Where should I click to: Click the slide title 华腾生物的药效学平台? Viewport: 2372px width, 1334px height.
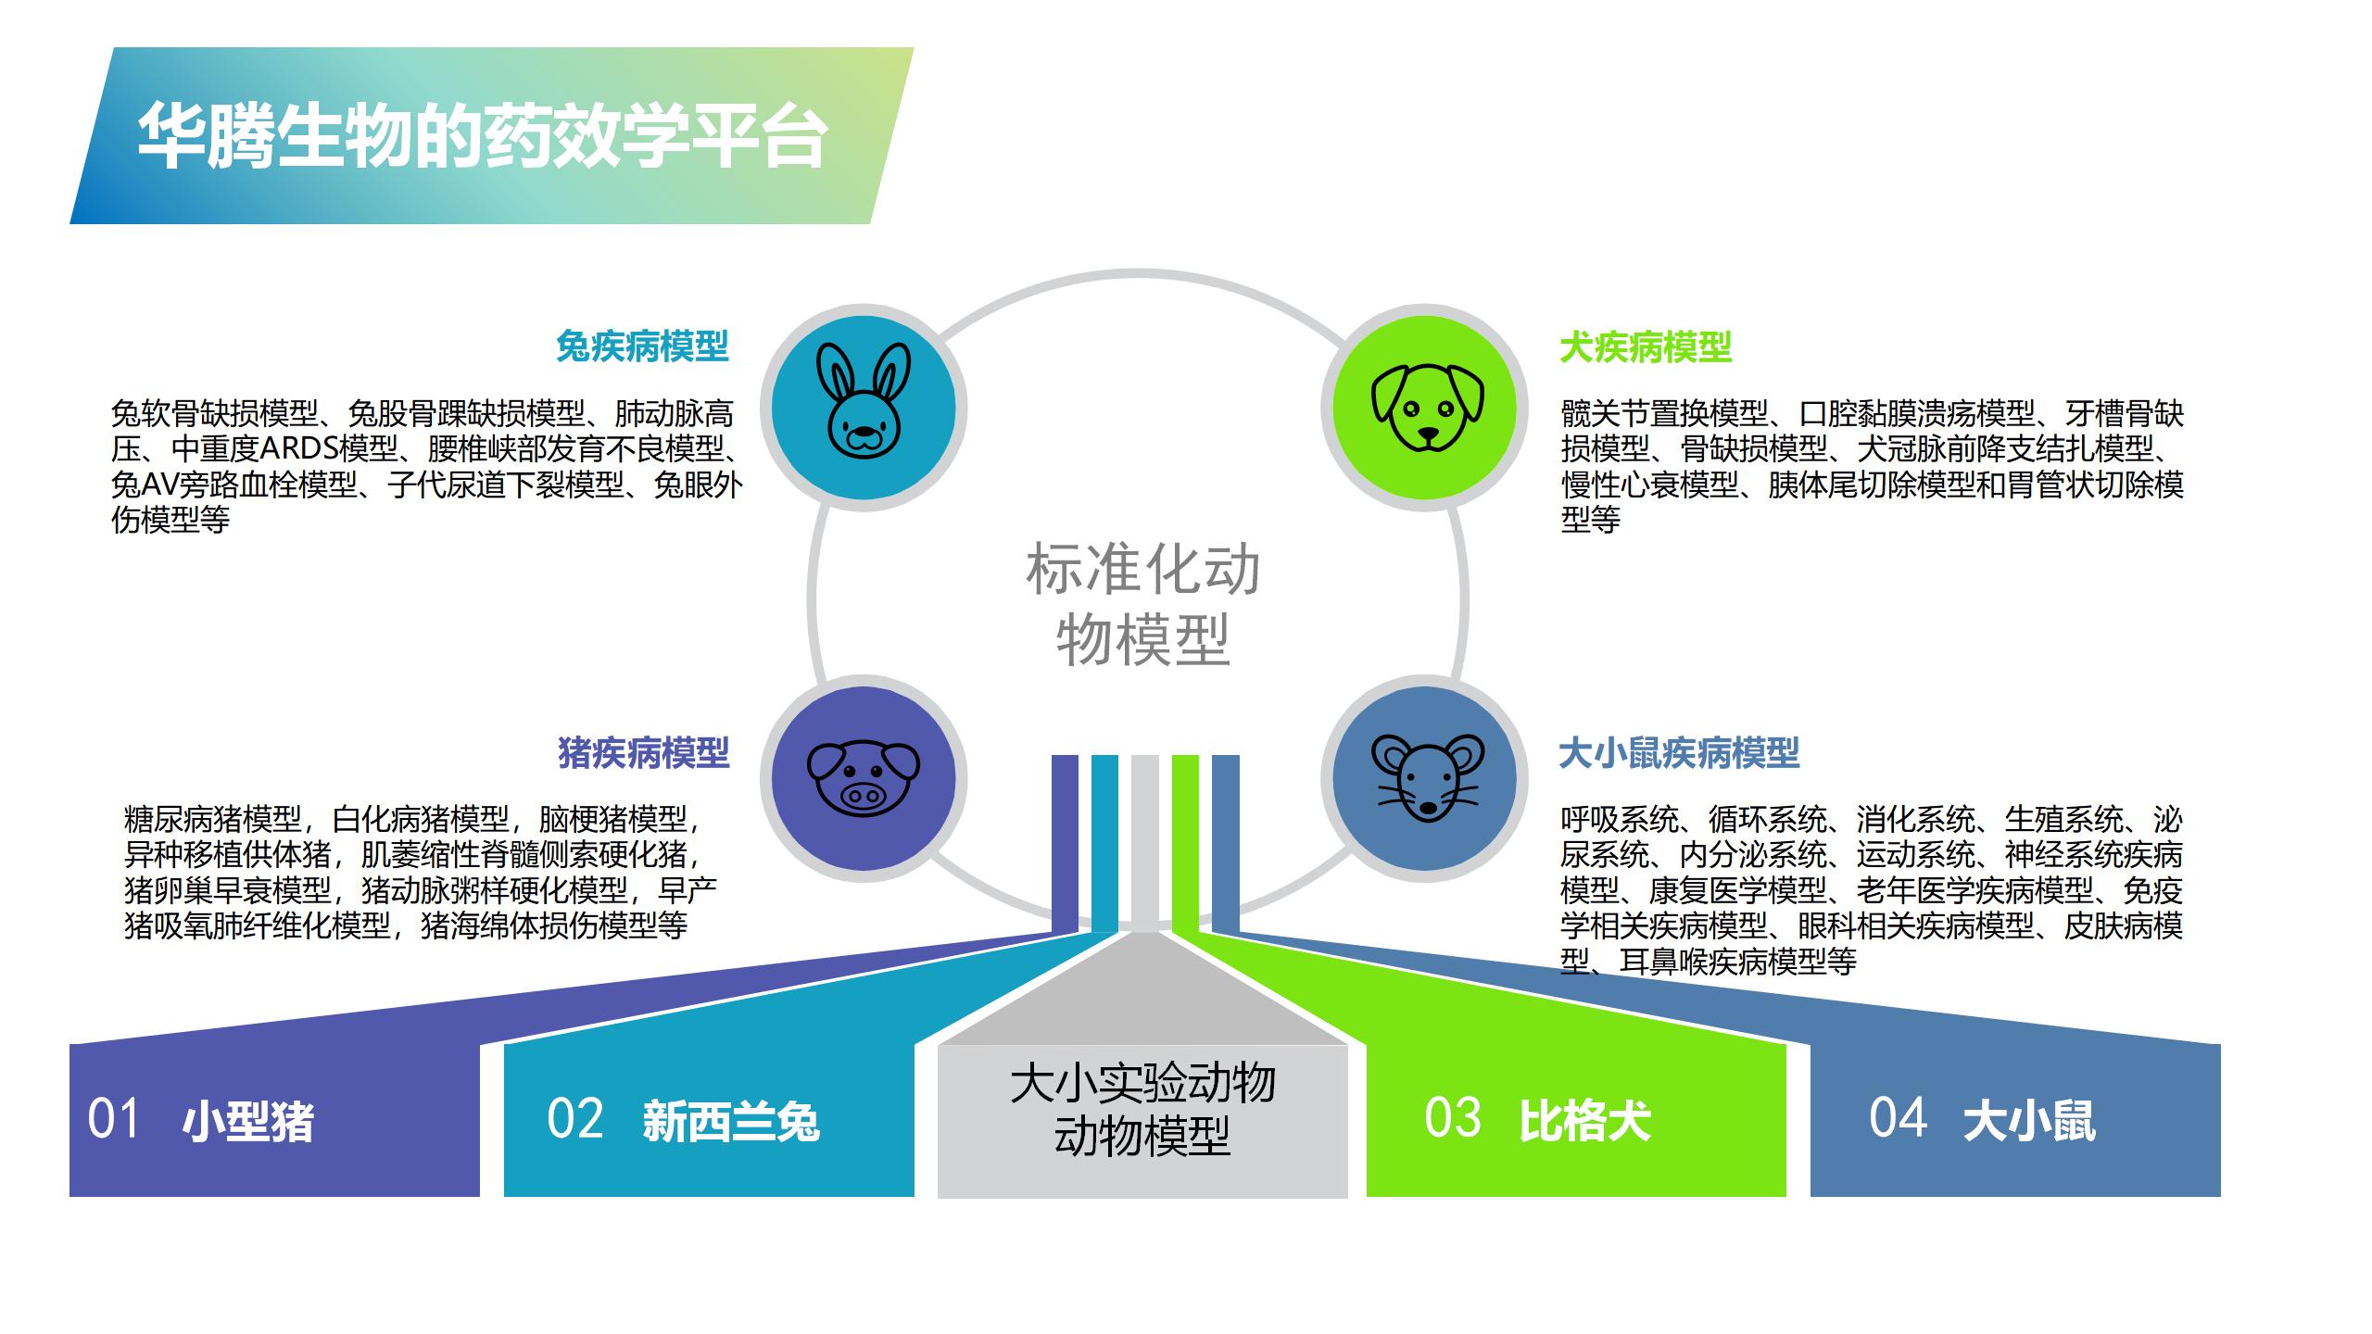click(482, 136)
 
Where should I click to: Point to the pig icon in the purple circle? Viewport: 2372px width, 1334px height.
click(864, 778)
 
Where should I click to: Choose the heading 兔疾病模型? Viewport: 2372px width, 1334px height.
click(642, 346)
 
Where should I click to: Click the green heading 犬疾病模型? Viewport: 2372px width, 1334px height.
click(1646, 347)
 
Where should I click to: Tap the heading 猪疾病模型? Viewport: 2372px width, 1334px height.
click(644, 752)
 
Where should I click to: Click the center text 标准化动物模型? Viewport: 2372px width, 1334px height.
click(1142, 605)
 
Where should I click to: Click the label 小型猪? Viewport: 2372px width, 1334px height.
click(248, 1122)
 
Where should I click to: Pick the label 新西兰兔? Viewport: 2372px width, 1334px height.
click(732, 1122)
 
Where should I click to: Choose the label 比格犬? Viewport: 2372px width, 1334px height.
click(1585, 1122)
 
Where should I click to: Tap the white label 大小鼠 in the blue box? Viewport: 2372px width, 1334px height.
click(2029, 1122)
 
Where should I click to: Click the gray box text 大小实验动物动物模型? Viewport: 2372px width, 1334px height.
click(1142, 1109)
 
